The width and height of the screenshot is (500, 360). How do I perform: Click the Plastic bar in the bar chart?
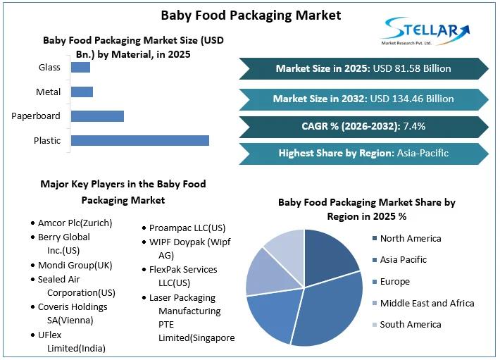140,140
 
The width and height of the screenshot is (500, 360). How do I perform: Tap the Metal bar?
82,92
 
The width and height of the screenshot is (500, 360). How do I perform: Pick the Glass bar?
80,68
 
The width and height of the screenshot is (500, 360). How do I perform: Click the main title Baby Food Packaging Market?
251,14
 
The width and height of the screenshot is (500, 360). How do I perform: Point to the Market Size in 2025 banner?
363,68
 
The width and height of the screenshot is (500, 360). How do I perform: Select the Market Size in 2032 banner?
363,99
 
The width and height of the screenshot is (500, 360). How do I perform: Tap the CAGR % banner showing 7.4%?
363,127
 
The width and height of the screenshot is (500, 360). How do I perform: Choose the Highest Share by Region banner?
363,153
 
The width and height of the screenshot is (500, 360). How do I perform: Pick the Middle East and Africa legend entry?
427,303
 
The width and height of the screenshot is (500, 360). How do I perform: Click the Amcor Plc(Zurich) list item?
75,223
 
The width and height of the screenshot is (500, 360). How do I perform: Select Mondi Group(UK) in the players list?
75,266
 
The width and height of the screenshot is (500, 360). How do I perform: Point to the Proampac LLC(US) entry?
187,228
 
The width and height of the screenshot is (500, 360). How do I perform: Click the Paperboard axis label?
36,116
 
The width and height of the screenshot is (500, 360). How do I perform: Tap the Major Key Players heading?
123,192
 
